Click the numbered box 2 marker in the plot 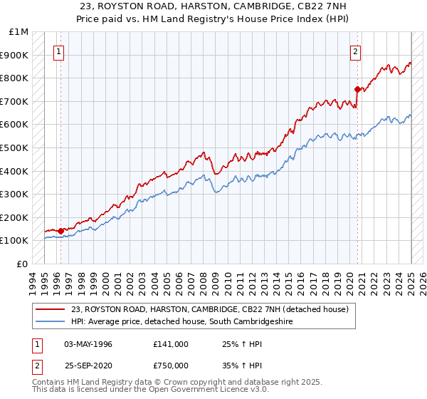pyautogui.click(x=355, y=51)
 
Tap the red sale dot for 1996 pyautogui.click(x=61, y=231)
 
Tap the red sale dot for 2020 pyautogui.click(x=358, y=89)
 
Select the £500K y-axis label pyautogui.click(x=16, y=148)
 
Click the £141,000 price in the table pyautogui.click(x=170, y=344)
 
